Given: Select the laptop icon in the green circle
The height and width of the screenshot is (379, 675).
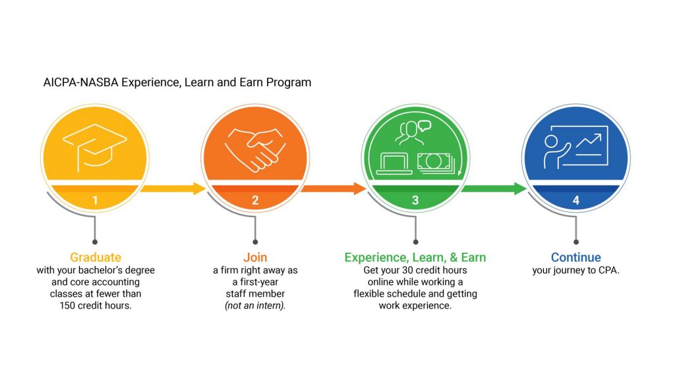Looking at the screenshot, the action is pyautogui.click(x=394, y=164).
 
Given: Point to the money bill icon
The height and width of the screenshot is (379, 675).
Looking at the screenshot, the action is pyautogui.click(x=436, y=163).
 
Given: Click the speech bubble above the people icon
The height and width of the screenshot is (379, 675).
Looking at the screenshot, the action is pyautogui.click(x=425, y=126).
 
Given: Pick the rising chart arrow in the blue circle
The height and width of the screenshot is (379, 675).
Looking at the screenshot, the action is pyautogui.click(x=589, y=143).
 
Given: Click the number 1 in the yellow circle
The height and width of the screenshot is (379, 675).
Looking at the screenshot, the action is pyautogui.click(x=95, y=200).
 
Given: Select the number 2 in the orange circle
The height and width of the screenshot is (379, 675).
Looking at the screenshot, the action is pyautogui.click(x=255, y=200).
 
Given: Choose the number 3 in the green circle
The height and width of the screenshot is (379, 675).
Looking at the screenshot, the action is pyautogui.click(x=415, y=200).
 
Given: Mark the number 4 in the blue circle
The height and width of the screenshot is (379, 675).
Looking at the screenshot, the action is pyautogui.click(x=576, y=200).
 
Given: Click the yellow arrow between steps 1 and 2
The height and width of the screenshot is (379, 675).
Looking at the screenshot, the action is pyautogui.click(x=173, y=188).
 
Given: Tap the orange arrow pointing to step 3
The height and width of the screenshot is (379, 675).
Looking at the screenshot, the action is pyautogui.click(x=334, y=188).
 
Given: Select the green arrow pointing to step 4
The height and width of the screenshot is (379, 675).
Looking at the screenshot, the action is pyautogui.click(x=494, y=188).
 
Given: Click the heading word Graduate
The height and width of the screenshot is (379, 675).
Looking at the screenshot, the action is pyautogui.click(x=96, y=257).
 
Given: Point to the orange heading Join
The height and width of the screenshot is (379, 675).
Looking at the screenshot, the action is pyautogui.click(x=255, y=257).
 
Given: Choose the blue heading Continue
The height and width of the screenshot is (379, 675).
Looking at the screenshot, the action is pyautogui.click(x=576, y=257).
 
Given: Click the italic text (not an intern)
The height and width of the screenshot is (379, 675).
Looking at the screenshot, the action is pyautogui.click(x=255, y=305).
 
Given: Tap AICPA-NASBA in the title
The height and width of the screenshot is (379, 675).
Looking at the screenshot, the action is pyautogui.click(x=80, y=82).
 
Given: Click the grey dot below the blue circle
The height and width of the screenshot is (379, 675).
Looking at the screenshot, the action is pyautogui.click(x=576, y=242).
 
